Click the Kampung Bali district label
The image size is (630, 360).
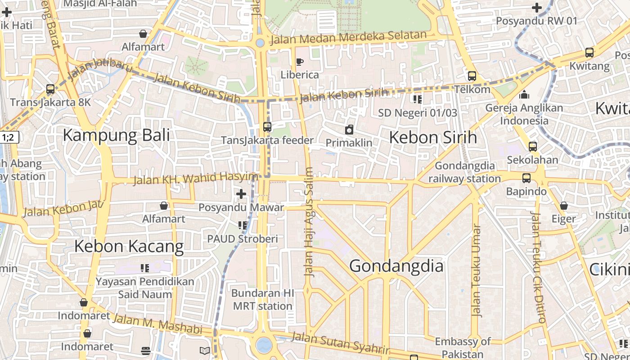(x=116, y=135)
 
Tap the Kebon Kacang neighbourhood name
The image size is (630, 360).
(x=129, y=247)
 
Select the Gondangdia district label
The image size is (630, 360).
(x=396, y=266)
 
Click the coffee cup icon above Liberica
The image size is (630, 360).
(x=299, y=62)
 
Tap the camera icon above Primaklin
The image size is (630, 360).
(x=349, y=130)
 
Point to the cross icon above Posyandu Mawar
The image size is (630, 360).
(x=241, y=194)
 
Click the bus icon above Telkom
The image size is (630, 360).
(x=472, y=76)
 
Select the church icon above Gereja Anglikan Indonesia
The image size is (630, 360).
(x=524, y=95)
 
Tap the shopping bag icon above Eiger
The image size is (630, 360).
(x=563, y=206)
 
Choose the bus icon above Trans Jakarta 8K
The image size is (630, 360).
(x=50, y=89)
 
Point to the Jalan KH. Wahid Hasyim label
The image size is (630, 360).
(x=195, y=179)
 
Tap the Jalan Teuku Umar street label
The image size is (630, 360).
(x=476, y=270)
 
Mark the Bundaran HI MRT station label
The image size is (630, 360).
(x=262, y=300)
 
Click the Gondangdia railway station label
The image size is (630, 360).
(x=464, y=172)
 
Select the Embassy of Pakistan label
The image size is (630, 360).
(x=462, y=347)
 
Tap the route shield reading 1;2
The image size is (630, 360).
(x=9, y=138)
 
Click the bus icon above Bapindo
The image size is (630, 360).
(x=526, y=178)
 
